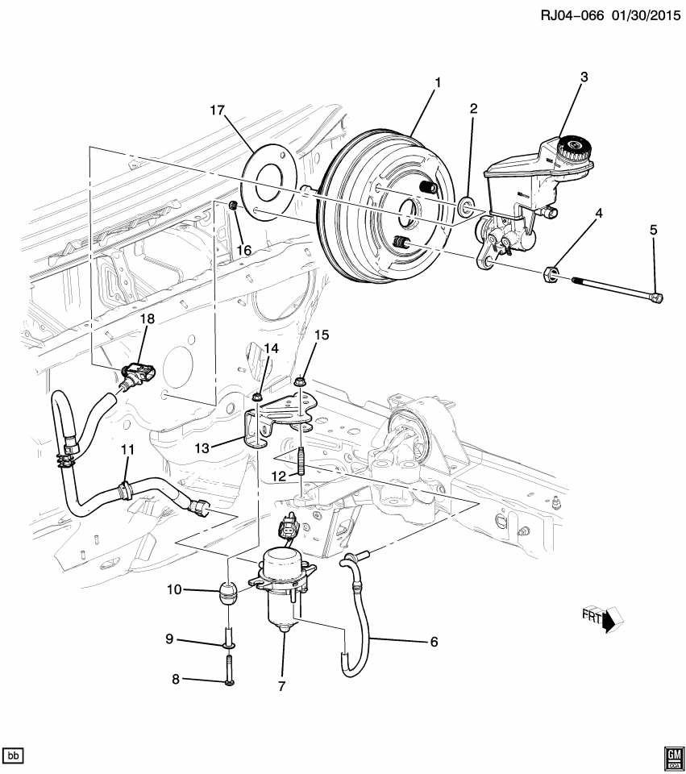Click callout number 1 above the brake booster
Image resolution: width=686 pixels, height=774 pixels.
pos(438,81)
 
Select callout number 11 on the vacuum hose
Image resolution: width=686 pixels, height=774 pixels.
pos(127,449)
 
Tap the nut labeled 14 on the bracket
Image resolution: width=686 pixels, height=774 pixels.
pos(257,396)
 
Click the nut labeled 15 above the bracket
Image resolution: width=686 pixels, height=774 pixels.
pos(300,381)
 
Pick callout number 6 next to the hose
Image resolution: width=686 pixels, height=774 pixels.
pos(433,642)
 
